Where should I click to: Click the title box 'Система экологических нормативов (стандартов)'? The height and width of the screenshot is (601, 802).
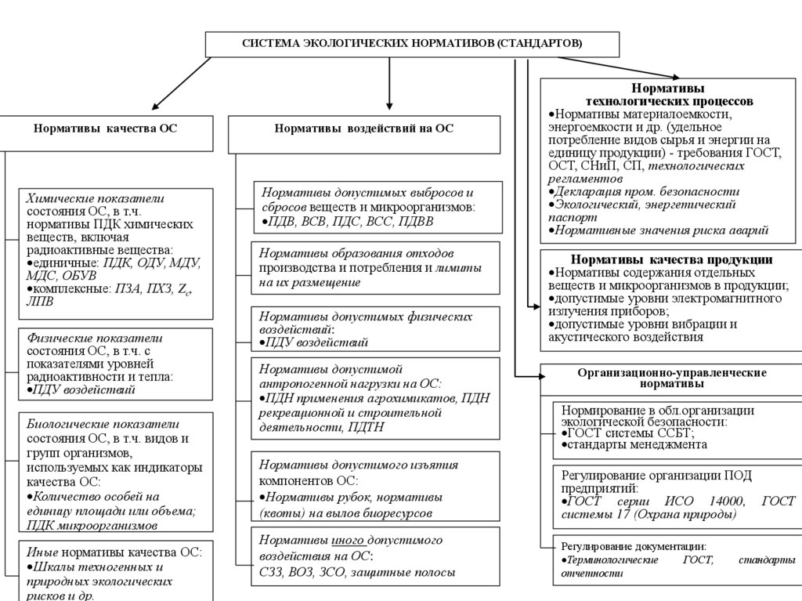click(412, 44)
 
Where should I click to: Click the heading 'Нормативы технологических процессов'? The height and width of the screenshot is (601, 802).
click(669, 95)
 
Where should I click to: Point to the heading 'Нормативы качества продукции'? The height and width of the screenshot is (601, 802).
click(671, 259)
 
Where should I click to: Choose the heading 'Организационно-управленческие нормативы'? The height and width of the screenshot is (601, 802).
click(671, 378)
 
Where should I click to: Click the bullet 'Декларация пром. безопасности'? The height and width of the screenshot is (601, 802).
click(646, 191)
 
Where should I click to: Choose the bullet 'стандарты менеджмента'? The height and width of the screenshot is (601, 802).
click(638, 444)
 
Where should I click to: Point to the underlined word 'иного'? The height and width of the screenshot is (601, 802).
click(348, 540)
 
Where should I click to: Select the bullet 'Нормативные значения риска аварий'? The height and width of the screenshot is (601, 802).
click(660, 230)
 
